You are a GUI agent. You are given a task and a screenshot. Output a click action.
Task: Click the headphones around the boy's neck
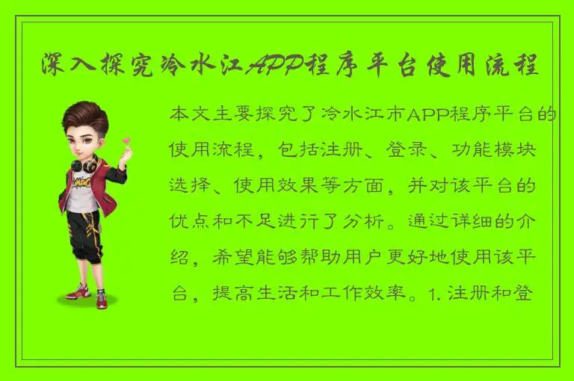84,162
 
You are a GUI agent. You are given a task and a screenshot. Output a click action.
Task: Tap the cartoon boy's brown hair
84,117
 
